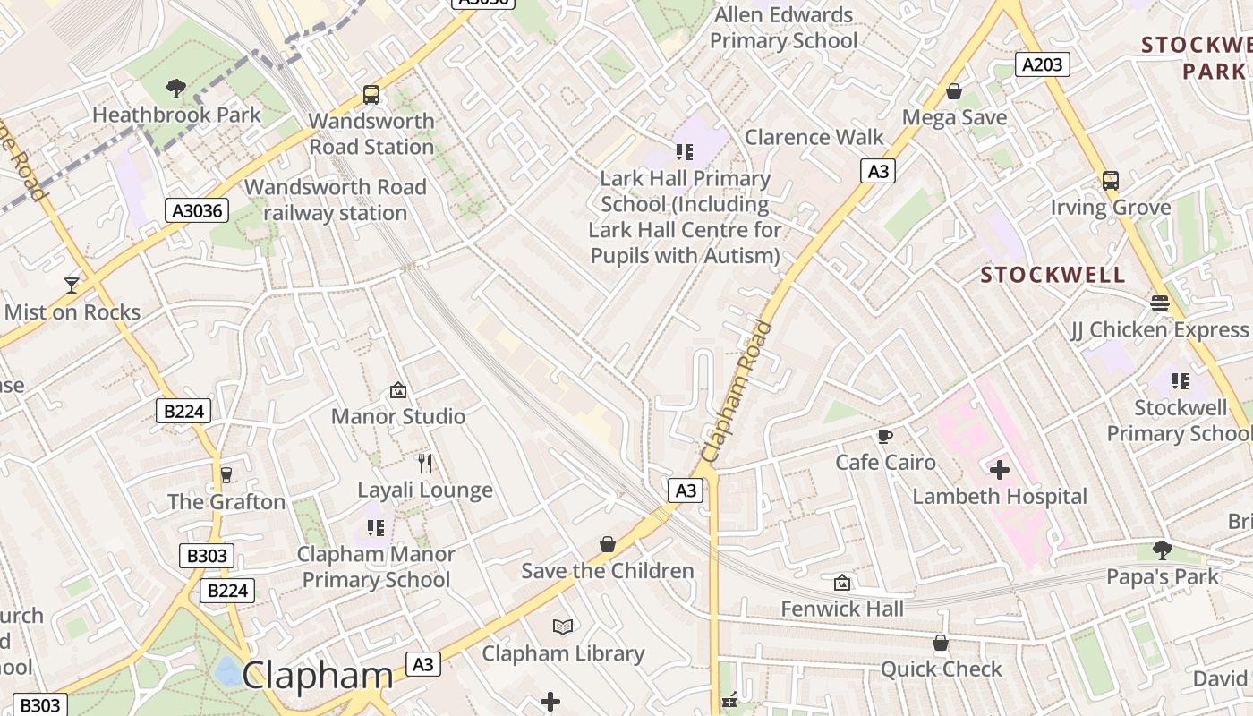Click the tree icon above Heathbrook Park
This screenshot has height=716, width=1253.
tap(176, 88)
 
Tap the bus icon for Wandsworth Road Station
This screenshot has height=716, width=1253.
tap(371, 94)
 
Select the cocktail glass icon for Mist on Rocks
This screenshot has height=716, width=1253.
tap(72, 285)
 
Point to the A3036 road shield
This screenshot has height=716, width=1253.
tap(197, 211)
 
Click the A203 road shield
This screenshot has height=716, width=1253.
tap(1043, 64)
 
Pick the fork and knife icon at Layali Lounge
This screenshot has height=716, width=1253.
tap(425, 463)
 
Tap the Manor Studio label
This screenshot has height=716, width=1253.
tap(398, 416)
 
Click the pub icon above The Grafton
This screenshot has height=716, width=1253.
tap(226, 474)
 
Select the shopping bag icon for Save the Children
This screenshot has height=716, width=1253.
tap(608, 544)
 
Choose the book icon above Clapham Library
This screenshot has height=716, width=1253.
tap(563, 626)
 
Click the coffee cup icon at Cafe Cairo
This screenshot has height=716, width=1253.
tap(885, 436)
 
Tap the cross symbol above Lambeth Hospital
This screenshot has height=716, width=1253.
tap(1000, 469)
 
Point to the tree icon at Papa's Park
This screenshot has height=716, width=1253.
tap(1163, 550)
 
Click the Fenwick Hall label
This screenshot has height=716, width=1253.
tap(842, 609)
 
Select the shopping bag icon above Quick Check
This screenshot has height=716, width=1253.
tap(941, 643)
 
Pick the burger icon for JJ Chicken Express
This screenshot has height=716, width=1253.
tap(1160, 303)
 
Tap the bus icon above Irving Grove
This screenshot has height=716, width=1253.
tap(1111, 180)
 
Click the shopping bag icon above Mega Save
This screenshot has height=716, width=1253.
tap(954, 91)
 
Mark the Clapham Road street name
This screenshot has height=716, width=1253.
tap(737, 392)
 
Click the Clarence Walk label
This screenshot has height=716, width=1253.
tap(814, 137)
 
